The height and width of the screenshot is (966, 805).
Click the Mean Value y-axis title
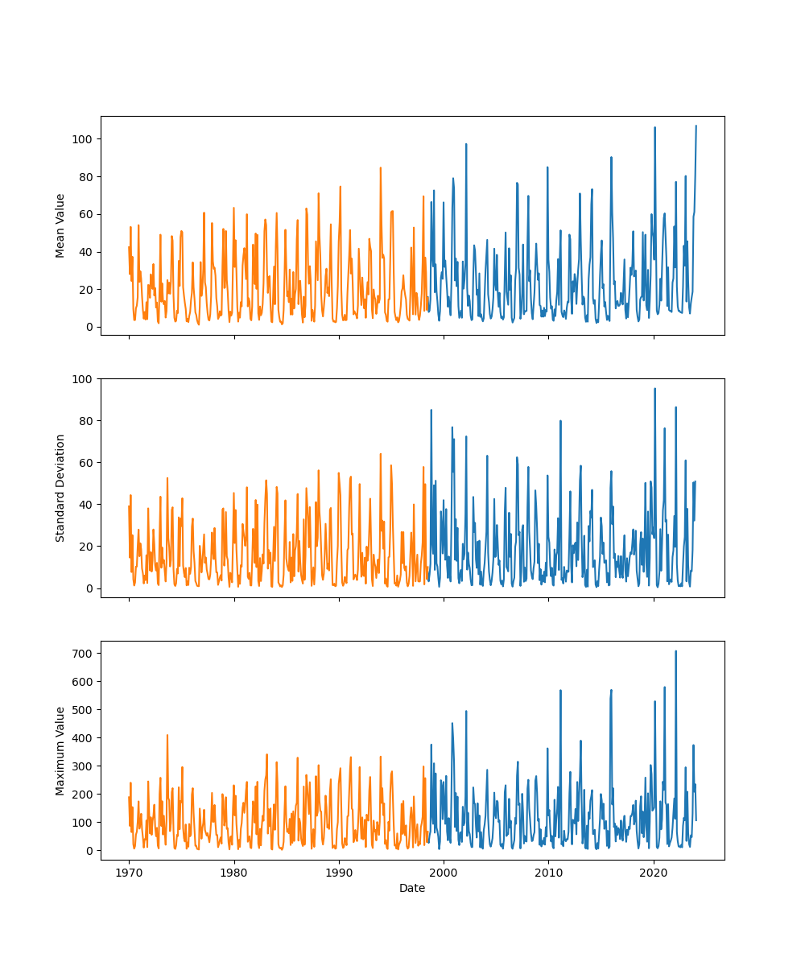point(60,225)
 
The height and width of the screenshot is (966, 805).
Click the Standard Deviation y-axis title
point(60,488)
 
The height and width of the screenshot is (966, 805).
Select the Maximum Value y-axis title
point(60,750)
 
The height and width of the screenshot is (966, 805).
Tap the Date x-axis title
point(412,888)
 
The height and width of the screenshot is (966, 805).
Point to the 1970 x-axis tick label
point(129,873)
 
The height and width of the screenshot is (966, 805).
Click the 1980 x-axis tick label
point(233,873)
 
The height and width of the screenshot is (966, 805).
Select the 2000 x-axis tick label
point(444,873)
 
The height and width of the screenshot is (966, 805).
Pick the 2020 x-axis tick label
point(654,873)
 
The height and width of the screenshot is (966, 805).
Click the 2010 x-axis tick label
point(548,873)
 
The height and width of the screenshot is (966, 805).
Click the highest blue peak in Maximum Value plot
point(675,651)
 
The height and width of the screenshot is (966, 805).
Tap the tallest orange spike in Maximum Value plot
point(167,735)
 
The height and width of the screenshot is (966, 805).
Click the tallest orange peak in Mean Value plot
point(381,168)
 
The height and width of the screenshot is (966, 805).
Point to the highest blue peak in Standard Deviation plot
point(654,389)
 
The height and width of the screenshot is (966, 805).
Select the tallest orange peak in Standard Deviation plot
point(381,454)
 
